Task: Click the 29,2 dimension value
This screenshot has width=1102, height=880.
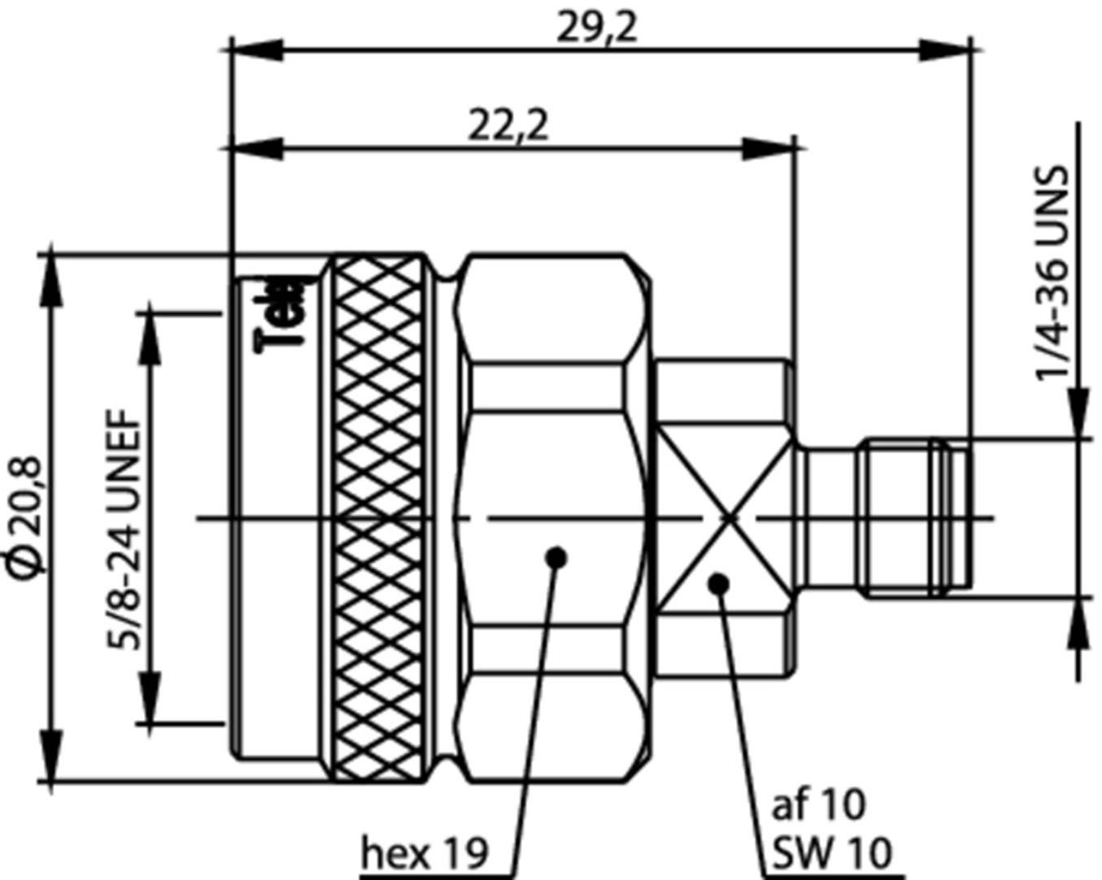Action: [x=596, y=28]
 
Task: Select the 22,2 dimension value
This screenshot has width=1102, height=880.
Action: [x=508, y=126]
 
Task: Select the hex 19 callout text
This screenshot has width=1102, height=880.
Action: [x=425, y=853]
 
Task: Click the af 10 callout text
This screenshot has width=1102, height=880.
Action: [x=818, y=805]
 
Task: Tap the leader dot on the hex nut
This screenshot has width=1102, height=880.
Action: [x=557, y=558]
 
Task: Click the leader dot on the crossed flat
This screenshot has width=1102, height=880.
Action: [x=719, y=583]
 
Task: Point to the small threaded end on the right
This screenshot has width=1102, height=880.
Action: [x=915, y=518]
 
